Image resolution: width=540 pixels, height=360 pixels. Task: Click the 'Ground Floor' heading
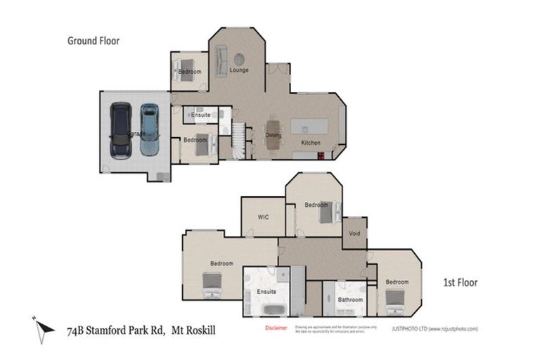tap(94, 41)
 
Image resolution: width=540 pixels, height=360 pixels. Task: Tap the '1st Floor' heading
tap(460, 283)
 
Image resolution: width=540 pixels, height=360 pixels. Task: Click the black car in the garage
tap(121, 130)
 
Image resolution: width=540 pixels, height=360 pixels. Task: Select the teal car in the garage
tap(149, 129)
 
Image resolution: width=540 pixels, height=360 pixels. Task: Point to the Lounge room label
tap(238, 70)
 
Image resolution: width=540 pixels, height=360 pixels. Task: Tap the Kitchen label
tap(311, 143)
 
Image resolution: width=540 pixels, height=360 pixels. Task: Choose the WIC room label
tap(264, 217)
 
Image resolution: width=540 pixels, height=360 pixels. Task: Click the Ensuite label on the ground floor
tap(200, 115)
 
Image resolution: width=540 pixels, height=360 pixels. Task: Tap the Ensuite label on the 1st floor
tap(266, 291)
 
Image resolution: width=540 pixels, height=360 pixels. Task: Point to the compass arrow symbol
tap(44, 327)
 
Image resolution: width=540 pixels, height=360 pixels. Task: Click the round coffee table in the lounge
tap(240, 58)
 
